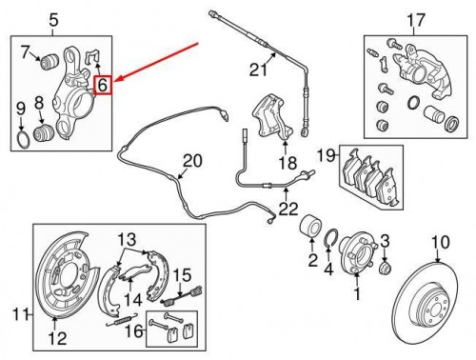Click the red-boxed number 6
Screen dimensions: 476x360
(104, 85)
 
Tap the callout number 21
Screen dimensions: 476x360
(258, 70)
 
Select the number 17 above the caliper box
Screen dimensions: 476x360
(415, 20)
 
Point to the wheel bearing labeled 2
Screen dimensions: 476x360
(310, 226)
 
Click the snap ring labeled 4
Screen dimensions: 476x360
(331, 237)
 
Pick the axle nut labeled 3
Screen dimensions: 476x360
(385, 268)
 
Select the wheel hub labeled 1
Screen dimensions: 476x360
(357, 253)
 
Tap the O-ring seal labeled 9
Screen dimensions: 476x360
(23, 140)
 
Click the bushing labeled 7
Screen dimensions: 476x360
(50, 62)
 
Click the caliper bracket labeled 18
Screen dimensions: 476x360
(272, 116)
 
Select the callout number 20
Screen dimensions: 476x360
(192, 161)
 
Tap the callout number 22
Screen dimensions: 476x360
(288, 210)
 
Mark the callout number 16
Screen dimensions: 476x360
(133, 331)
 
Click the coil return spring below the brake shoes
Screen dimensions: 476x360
(122, 320)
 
